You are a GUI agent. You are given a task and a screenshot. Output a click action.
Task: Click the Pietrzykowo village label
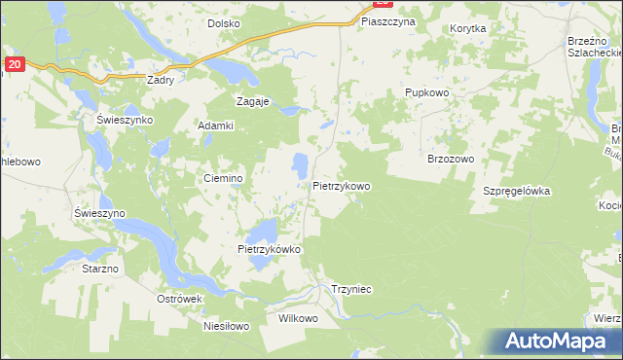coord(342,184)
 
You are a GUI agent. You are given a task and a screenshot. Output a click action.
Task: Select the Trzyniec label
coord(352,290)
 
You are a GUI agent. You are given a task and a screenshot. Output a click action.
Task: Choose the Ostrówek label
coord(178,299)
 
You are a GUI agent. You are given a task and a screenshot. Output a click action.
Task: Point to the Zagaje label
coord(252,100)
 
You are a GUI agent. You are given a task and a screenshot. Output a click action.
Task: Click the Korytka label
coord(468,29)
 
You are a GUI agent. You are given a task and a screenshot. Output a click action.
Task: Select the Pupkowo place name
coord(425,92)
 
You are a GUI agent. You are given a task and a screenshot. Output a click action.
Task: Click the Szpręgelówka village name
coord(517,191)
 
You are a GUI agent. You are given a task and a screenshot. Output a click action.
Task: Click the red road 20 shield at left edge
coord(13,64)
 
